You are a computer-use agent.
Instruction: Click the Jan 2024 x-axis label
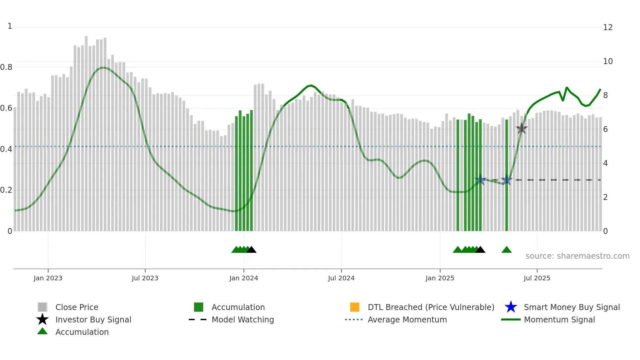pyautogui.click(x=244, y=278)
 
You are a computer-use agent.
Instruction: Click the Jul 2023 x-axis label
pyautogui.click(x=145, y=278)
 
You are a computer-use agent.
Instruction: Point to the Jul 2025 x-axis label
pyautogui.click(x=537, y=278)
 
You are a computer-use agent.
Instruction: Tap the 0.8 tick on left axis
pyautogui.click(x=6, y=67)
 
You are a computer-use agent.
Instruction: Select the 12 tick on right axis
pyautogui.click(x=608, y=27)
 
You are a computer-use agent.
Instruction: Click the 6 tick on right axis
pyautogui.click(x=605, y=129)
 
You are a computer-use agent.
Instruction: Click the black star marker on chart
pyautogui.click(x=521, y=128)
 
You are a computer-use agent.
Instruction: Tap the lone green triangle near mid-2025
pyautogui.click(x=506, y=250)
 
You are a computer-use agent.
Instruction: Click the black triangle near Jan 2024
pyautogui.click(x=251, y=250)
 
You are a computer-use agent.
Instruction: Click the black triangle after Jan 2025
pyautogui.click(x=480, y=250)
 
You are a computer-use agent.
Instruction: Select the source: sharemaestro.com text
pyautogui.click(x=577, y=256)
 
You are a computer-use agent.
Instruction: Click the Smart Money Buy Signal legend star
pyautogui.click(x=511, y=307)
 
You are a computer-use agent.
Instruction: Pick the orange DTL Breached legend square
pyautogui.click(x=355, y=307)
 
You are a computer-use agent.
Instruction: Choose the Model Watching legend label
pyautogui.click(x=243, y=319)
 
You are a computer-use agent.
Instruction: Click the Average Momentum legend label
pyautogui.click(x=407, y=319)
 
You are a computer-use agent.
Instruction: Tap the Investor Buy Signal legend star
pyautogui.click(x=42, y=319)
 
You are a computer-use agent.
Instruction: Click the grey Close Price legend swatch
pyautogui.click(x=42, y=307)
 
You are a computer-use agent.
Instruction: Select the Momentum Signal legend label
pyautogui.click(x=559, y=319)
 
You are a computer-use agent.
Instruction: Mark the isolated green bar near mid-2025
pyautogui.click(x=506, y=176)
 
